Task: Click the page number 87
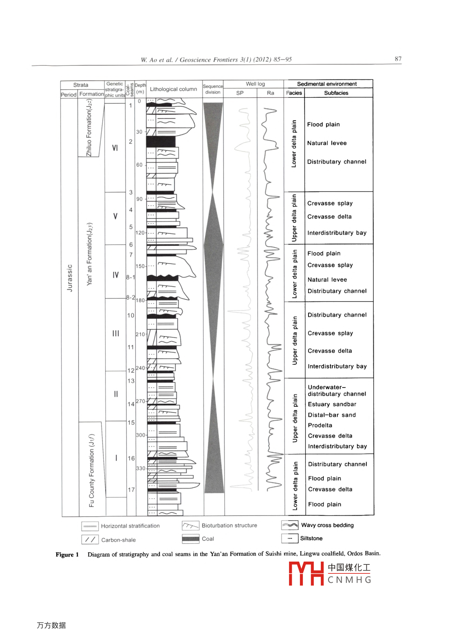click(x=398, y=59)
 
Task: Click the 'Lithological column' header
click(x=173, y=89)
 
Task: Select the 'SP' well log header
click(x=240, y=93)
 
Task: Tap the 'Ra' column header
click(x=271, y=93)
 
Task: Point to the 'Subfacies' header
click(x=336, y=93)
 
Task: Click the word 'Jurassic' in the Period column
click(x=70, y=278)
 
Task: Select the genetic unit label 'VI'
click(x=115, y=148)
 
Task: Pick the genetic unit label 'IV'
click(x=116, y=275)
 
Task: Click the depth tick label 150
click(x=140, y=267)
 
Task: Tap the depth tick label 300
click(x=141, y=435)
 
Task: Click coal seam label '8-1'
click(x=130, y=278)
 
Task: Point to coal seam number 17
click(x=131, y=490)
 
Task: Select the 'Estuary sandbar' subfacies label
click(x=332, y=405)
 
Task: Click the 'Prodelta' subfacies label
click(x=320, y=425)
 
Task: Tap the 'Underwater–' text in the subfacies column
click(x=327, y=387)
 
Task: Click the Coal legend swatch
click(x=190, y=539)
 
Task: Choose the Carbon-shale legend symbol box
click(x=90, y=540)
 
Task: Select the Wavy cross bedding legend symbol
click(x=290, y=525)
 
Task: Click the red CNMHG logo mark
click(x=306, y=573)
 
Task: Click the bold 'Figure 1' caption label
click(x=67, y=555)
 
